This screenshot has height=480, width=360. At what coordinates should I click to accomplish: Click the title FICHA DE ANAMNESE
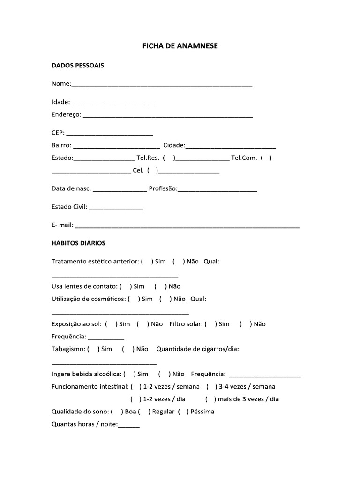(180, 46)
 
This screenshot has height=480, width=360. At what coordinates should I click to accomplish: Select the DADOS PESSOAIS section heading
(78, 66)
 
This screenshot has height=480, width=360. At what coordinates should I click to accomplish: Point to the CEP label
(58, 133)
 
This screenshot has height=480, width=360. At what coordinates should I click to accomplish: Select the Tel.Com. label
(244, 158)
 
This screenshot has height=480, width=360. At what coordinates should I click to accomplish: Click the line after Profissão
(217, 190)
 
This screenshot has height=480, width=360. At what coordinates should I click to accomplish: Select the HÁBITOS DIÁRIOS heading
(78, 243)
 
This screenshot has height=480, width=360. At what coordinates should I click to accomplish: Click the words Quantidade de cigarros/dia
(198, 349)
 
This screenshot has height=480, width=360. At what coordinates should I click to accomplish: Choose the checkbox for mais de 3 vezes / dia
(210, 399)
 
